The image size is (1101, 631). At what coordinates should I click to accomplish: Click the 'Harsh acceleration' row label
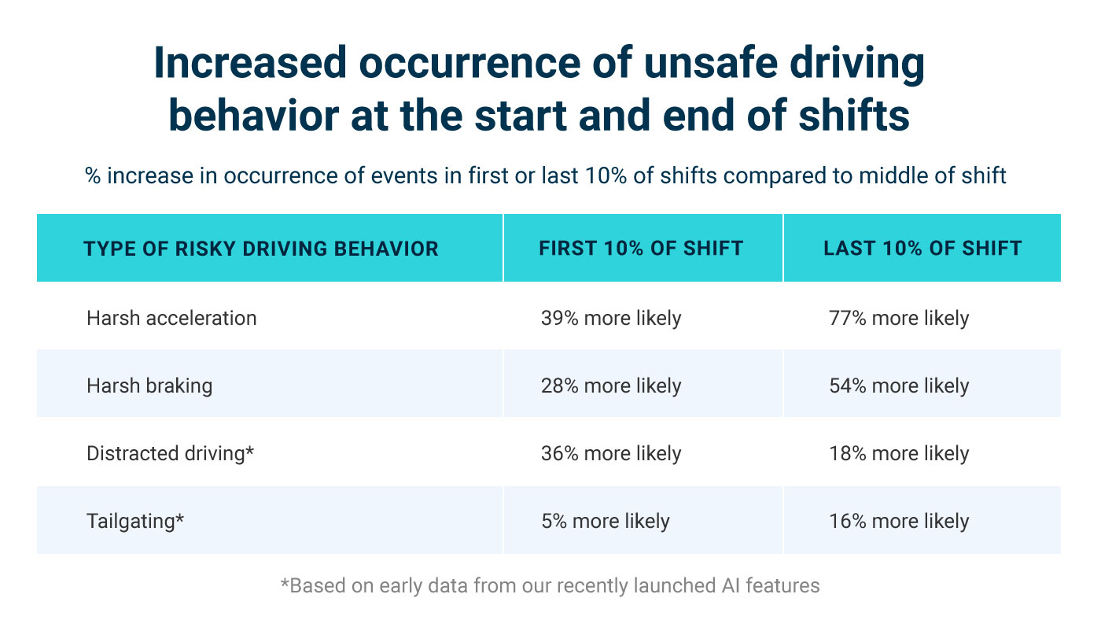[171, 318]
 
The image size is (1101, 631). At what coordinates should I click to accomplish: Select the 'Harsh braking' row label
[149, 386]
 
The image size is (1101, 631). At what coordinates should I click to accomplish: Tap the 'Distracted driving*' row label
[171, 453]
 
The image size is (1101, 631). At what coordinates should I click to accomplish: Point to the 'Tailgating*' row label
[135, 521]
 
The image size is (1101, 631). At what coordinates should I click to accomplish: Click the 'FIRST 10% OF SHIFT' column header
[641, 249]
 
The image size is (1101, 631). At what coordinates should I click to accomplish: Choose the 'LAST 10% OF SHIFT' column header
[922, 249]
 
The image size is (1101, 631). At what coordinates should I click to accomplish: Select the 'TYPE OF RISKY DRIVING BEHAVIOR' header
[261, 249]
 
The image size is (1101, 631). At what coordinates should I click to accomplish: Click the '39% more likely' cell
[611, 318]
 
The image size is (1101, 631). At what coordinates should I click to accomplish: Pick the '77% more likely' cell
[899, 318]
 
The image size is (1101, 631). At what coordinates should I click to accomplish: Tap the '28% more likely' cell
[611, 386]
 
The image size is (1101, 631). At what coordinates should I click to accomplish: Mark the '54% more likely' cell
[899, 386]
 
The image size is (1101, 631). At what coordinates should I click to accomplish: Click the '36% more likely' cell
[611, 453]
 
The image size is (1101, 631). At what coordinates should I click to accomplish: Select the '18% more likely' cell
[899, 453]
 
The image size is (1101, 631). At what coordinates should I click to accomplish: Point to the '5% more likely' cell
[606, 521]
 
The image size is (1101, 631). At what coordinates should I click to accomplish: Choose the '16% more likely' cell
[899, 521]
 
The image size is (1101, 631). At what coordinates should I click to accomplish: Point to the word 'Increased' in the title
[249, 65]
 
